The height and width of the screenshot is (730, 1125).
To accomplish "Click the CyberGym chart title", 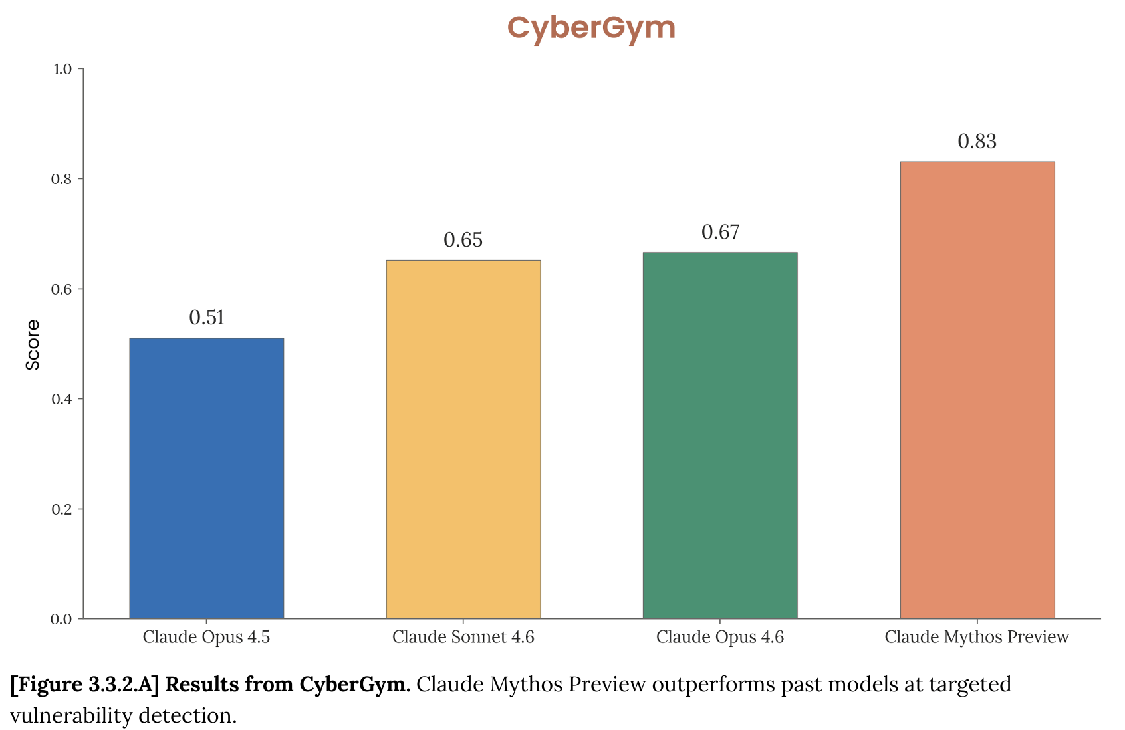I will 591,28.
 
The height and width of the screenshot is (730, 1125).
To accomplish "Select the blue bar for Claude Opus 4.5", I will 206,479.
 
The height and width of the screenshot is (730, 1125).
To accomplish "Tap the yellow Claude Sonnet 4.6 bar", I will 463,439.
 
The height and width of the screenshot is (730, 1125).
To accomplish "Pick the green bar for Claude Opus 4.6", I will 720,435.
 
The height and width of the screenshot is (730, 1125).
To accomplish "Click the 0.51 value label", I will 207,318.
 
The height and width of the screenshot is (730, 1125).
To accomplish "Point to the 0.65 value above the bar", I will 463,240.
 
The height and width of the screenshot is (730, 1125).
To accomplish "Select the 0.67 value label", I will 720,232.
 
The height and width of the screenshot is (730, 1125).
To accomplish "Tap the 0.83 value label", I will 977,142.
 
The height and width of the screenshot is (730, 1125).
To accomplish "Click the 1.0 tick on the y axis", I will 62,69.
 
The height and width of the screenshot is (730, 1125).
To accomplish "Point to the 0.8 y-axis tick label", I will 62,179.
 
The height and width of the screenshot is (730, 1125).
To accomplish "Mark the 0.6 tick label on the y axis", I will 62,289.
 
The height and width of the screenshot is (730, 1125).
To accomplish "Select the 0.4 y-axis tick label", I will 62,399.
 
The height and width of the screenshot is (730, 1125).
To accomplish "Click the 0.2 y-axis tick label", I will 62,509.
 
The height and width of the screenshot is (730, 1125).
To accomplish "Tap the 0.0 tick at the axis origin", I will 62,620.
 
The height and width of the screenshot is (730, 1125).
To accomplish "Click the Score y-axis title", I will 33,344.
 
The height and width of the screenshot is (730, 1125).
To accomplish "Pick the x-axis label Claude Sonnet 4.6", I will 463,637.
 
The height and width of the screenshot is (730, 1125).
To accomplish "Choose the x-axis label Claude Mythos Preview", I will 977,637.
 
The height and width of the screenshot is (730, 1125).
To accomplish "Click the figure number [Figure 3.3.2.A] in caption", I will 85,684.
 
